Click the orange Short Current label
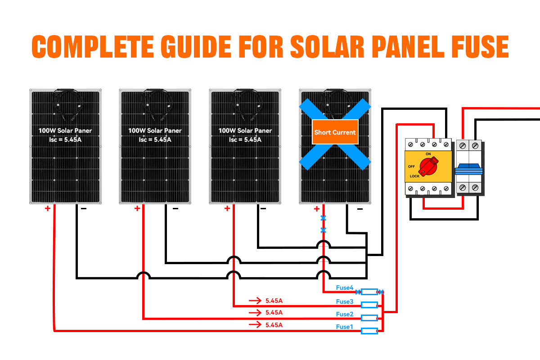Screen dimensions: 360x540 [x=335, y=132]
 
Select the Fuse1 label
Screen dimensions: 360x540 [x=345, y=327]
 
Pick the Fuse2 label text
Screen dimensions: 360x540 [x=345, y=314]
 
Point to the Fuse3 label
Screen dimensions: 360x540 [x=345, y=301]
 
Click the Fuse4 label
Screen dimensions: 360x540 [x=345, y=288]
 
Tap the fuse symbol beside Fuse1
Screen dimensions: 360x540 [x=369, y=331]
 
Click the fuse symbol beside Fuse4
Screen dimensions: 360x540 [x=369, y=292]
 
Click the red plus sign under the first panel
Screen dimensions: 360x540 [x=47, y=208]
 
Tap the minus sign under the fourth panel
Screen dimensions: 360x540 [x=360, y=209]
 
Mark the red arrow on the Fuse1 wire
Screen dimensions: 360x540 [x=255, y=324]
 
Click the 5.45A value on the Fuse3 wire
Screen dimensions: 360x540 [x=274, y=300]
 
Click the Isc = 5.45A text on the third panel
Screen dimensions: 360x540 [x=245, y=139]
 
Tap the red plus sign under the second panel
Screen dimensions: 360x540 [x=137, y=208]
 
